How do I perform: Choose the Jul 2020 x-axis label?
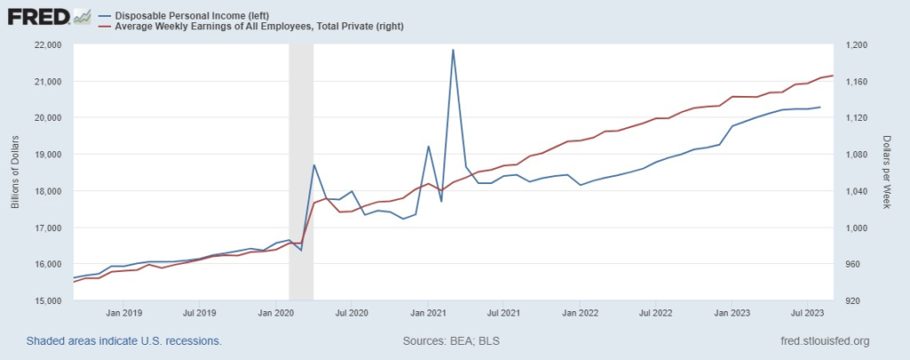(352, 313)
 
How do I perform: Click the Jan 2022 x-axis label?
(580, 313)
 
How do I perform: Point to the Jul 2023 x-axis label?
(808, 313)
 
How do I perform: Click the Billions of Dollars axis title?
(15, 172)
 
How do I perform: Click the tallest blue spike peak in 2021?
(453, 50)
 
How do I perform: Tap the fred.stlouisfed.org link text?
(823, 341)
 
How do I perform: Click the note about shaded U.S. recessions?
(124, 341)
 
